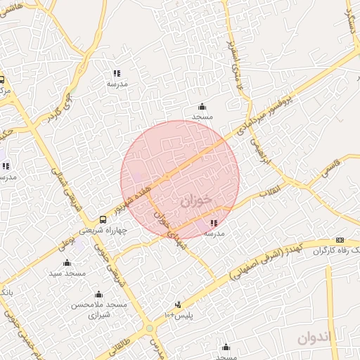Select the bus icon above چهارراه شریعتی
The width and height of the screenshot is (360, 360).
point(103,219)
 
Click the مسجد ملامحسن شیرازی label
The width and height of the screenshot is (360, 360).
point(98,310)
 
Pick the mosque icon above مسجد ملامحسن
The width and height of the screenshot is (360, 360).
point(98,294)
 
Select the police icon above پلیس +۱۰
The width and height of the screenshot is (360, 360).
point(178,304)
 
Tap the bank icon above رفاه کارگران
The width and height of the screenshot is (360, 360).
point(340,240)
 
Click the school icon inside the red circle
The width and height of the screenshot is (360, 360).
point(213,224)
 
